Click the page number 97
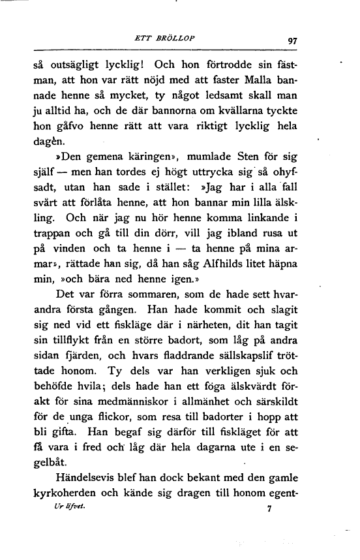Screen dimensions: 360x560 click(292, 40)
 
